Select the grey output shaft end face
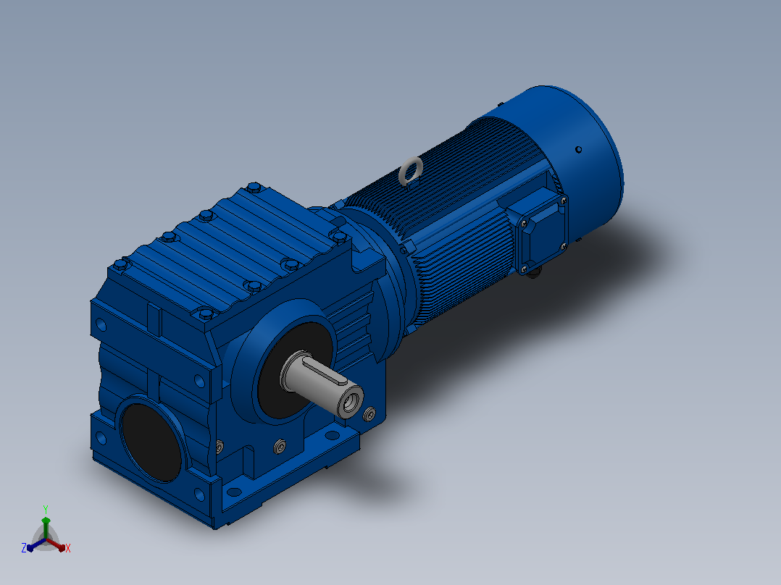tap(350, 401)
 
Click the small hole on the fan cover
tap(578, 149)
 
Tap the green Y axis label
tap(46, 509)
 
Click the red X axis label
tap(68, 548)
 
